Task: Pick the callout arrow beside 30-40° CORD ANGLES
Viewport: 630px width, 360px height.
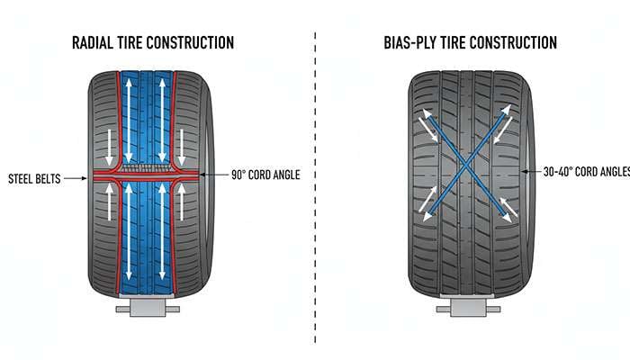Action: point(531,170)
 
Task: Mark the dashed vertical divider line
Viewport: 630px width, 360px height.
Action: point(315,180)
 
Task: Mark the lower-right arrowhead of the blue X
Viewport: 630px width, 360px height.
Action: point(511,217)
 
